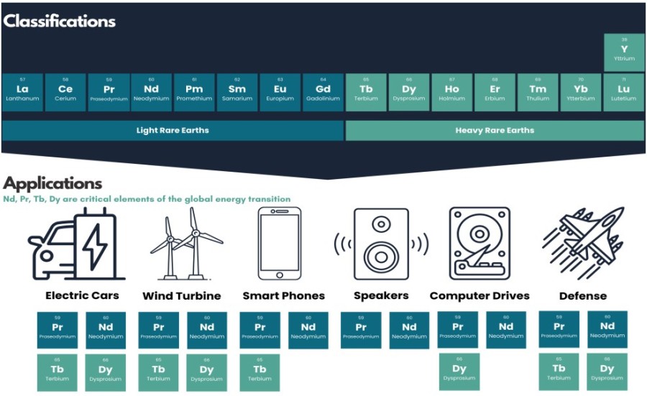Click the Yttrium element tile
(x=624, y=52)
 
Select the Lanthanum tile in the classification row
(x=22, y=92)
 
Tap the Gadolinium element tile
(x=323, y=92)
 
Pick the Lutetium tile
(x=624, y=92)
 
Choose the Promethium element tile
(x=194, y=92)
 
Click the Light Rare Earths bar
(x=173, y=131)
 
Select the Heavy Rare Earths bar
(x=495, y=131)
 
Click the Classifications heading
(x=59, y=21)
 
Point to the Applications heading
(x=52, y=184)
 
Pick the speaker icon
(x=381, y=244)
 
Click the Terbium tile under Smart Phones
(x=260, y=372)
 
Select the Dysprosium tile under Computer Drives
(x=459, y=372)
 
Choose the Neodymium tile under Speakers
(x=410, y=330)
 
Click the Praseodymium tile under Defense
(x=559, y=330)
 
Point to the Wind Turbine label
(x=182, y=296)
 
